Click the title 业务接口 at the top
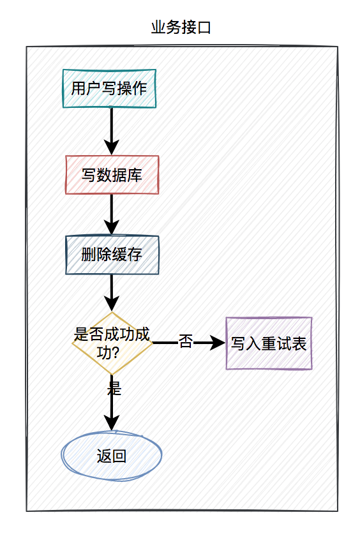[x=181, y=27]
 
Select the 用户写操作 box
[x=109, y=88]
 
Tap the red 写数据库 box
[x=112, y=174]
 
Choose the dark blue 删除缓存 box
[x=112, y=255]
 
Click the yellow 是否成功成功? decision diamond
[x=112, y=343]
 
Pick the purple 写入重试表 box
[x=269, y=343]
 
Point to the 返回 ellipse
[x=112, y=456]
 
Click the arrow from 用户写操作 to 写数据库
[x=112, y=130]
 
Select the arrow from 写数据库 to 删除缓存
[x=112, y=214]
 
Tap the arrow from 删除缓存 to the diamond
[x=112, y=293]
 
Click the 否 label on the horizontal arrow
[x=185, y=342]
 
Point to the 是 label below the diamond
[x=114, y=387]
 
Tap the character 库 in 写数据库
[x=135, y=175]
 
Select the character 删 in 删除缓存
[x=89, y=255]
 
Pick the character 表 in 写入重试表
[x=299, y=344]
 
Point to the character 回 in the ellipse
[x=119, y=456]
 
